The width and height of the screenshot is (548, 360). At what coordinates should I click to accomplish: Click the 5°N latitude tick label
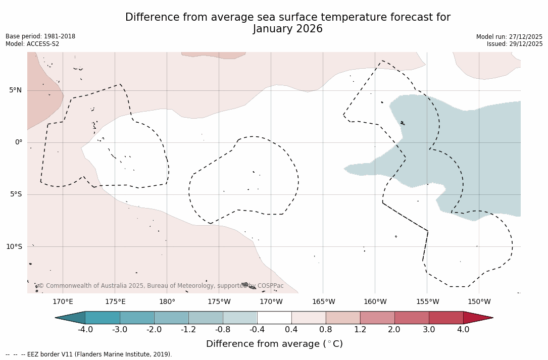(15, 90)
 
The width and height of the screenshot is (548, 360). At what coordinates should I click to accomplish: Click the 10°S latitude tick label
(14, 247)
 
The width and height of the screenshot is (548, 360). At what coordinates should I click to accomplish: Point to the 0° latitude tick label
(19, 142)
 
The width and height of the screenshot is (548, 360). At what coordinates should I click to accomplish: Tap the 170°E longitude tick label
(63, 302)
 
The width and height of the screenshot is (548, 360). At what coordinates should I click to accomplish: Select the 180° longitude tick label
(167, 302)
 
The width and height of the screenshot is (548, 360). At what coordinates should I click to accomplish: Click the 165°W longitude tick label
(323, 302)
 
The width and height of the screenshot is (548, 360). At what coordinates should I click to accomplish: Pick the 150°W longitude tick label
(479, 302)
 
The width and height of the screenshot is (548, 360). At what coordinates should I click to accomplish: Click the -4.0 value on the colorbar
(85, 330)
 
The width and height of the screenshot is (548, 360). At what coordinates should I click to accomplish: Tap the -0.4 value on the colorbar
(257, 330)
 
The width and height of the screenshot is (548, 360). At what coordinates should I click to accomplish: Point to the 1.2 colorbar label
(360, 330)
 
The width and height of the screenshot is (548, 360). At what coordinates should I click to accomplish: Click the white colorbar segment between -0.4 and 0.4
(274, 318)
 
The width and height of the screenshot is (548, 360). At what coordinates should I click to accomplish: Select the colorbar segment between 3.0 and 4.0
(446, 318)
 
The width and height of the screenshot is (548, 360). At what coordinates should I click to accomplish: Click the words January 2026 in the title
(288, 29)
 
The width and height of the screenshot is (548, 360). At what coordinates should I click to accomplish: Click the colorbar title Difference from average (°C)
(274, 344)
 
